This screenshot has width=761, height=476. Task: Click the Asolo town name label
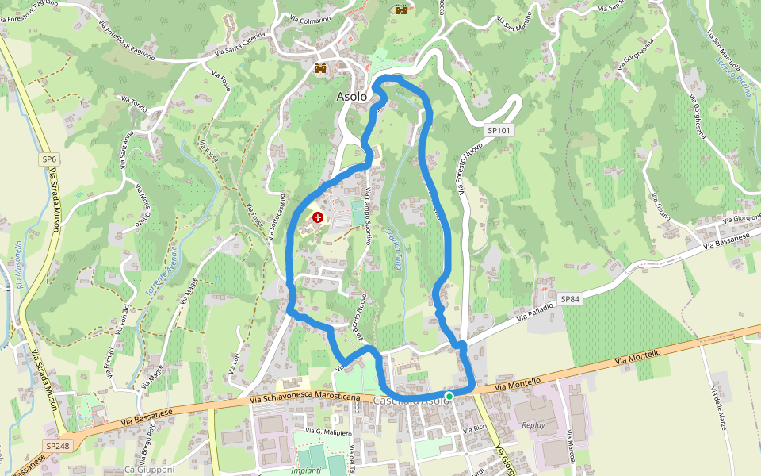pyautogui.click(x=352, y=96)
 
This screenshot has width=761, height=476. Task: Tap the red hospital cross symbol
pyautogui.click(x=318, y=217)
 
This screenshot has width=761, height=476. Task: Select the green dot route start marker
pyautogui.click(x=449, y=396)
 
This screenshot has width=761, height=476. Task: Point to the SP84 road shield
pyautogui.click(x=570, y=299)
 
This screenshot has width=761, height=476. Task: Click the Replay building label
pyautogui.click(x=533, y=425)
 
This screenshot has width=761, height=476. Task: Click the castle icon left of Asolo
pyautogui.click(x=321, y=69)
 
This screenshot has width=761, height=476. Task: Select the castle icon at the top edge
pyautogui.click(x=402, y=10)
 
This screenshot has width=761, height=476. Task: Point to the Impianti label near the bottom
pyautogui.click(x=306, y=470)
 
